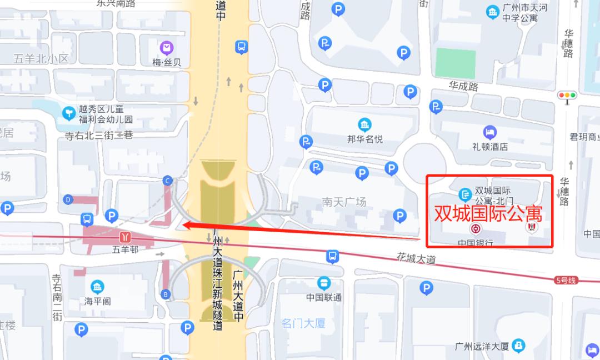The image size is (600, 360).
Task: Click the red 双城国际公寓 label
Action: tap(488, 213)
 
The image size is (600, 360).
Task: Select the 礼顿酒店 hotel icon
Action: tap(489, 132)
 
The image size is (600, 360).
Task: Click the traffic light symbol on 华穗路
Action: tap(567, 96)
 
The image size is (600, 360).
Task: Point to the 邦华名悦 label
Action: tap(365, 138)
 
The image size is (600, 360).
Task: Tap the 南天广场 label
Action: tap(344, 202)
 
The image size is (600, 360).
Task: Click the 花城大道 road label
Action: tap(416, 258)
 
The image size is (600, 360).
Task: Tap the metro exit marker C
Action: tap(167, 180)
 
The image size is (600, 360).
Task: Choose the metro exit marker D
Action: tap(68, 199)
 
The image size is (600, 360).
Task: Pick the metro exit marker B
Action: tap(165, 294)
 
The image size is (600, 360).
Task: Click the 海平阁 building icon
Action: tap(98, 287)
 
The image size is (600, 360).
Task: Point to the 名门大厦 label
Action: tap(303, 323)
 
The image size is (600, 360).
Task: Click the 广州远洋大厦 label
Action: tap(481, 347)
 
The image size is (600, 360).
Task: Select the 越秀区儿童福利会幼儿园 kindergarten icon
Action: tap(69, 113)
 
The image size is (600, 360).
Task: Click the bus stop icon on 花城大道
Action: tap(332, 256)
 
